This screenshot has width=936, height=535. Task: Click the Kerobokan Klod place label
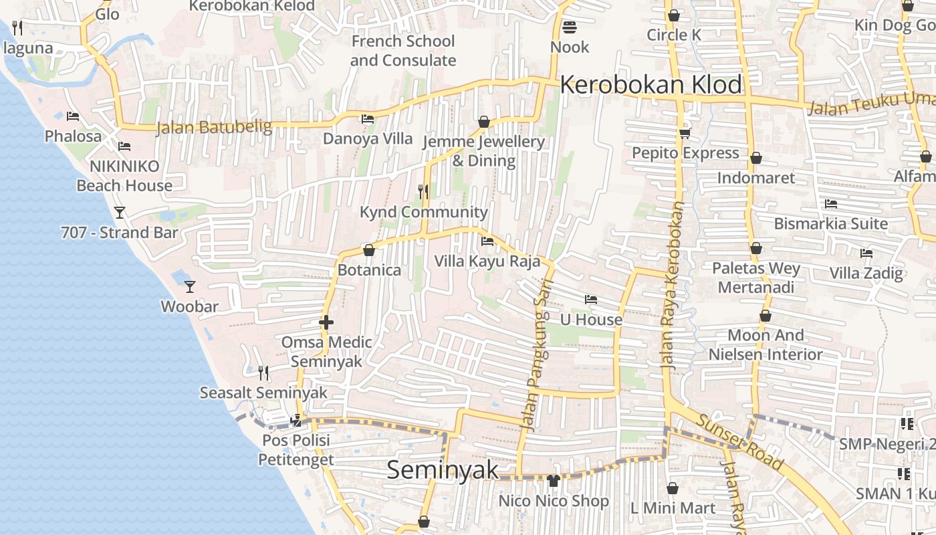pos(651,85)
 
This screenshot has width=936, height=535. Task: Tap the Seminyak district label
pos(443,469)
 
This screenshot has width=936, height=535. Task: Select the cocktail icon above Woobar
pos(190,286)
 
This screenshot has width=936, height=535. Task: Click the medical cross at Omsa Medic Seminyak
pos(326,322)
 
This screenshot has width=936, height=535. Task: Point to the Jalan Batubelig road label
pos(214,126)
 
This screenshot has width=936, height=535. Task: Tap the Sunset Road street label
pos(740,442)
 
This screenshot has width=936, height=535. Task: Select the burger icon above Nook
pos(570,27)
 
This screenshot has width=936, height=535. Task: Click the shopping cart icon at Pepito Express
pos(685,133)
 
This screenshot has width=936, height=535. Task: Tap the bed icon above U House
pos(590,300)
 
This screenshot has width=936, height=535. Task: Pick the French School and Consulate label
pos(403,51)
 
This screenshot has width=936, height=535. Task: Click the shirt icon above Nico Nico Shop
pos(553,480)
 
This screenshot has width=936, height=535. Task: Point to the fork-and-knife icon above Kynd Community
pos(423,192)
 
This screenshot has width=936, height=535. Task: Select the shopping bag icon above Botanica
pos(368,250)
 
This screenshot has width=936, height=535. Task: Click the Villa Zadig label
pos(866,273)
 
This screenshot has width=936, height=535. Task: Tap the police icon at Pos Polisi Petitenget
pos(296,421)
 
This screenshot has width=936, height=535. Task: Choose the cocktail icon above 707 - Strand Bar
pos(120,213)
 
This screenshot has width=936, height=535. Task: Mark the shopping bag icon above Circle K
pos(673,15)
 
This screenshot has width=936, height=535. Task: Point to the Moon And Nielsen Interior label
pos(766,344)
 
